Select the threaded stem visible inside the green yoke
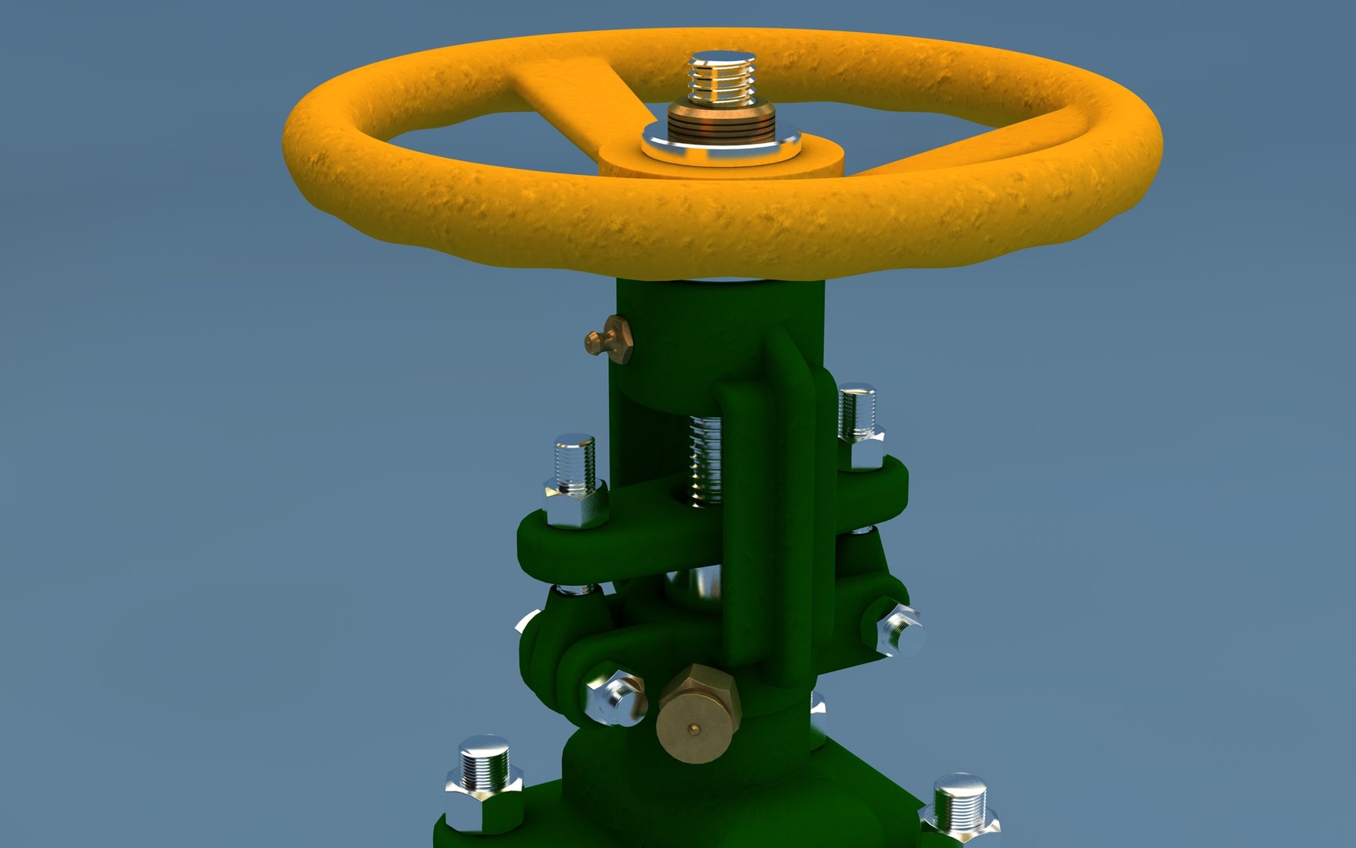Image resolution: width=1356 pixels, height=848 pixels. (705, 459)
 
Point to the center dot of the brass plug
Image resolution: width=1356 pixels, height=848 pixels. (691, 730)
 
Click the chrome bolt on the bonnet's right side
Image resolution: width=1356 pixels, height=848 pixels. (897, 631)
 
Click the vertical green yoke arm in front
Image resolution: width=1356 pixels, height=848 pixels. (752, 534)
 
